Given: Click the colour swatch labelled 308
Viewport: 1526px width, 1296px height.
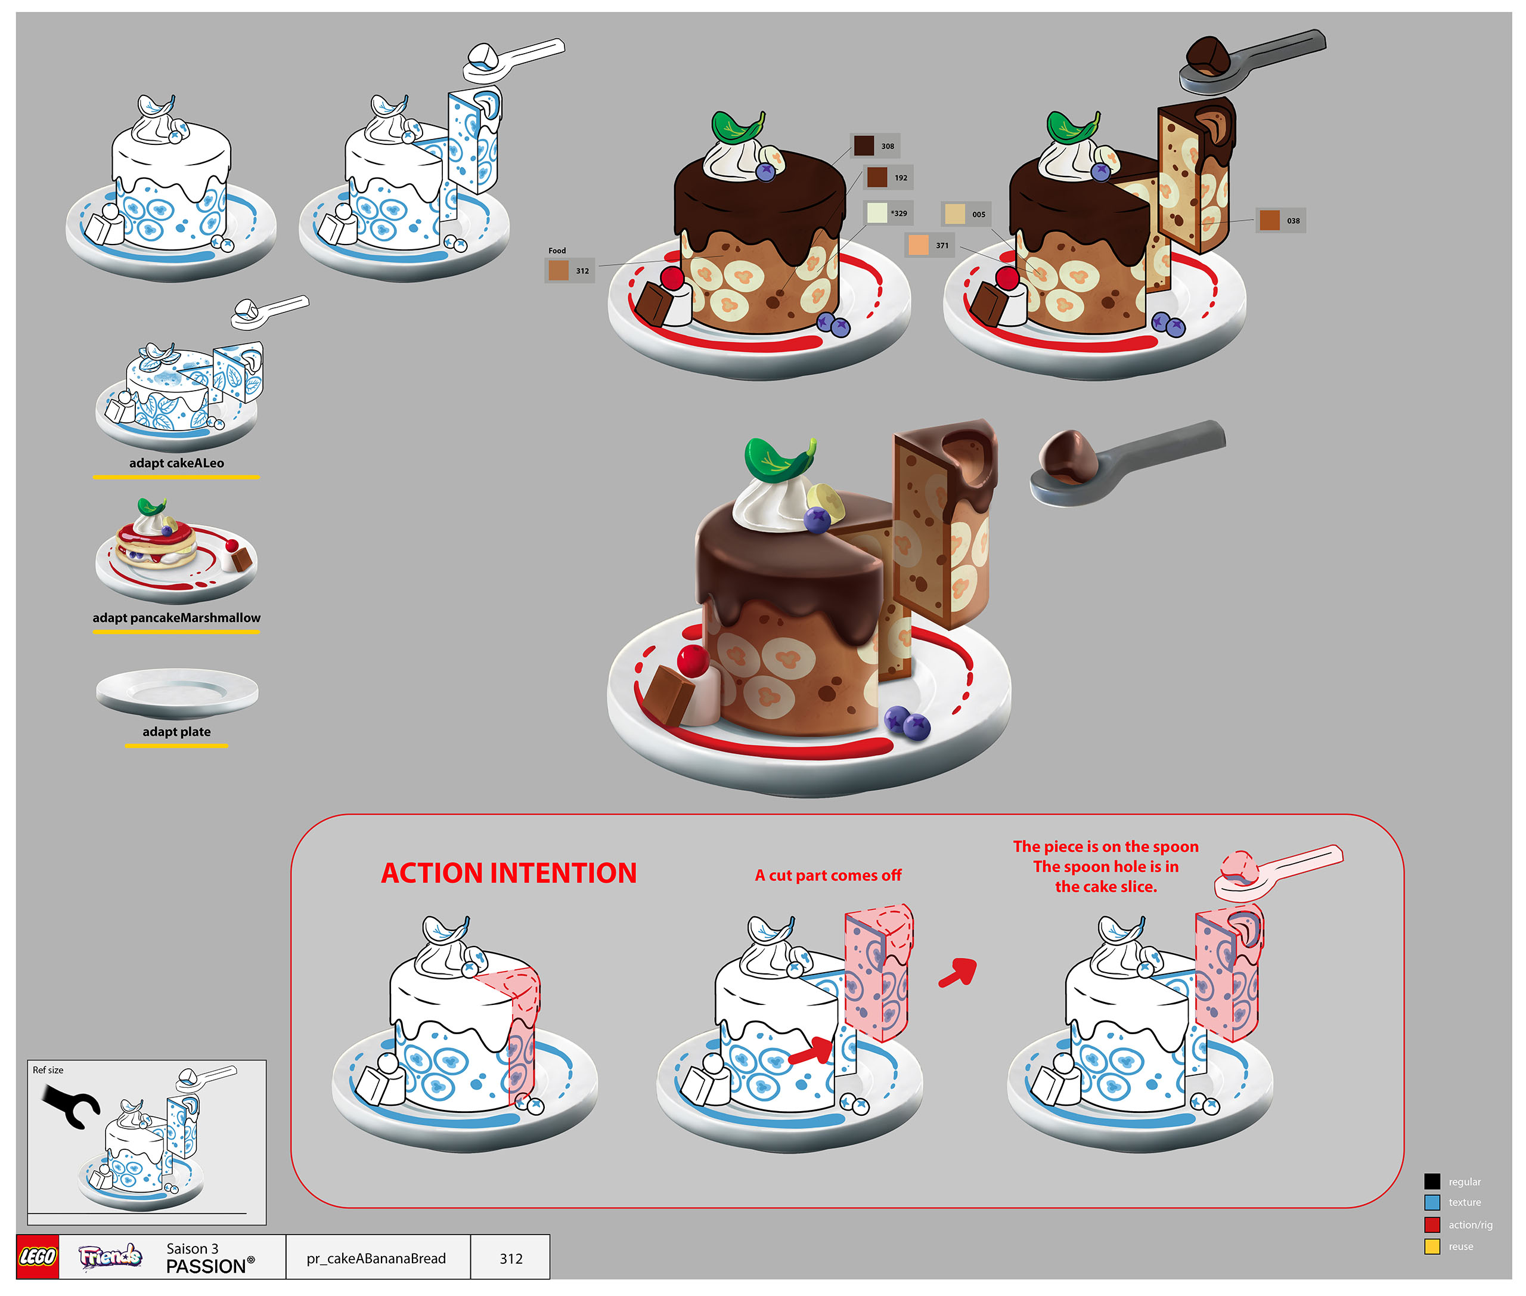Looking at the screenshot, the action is pyautogui.click(x=864, y=146).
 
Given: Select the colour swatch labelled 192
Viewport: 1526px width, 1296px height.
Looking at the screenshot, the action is pyautogui.click(x=877, y=177).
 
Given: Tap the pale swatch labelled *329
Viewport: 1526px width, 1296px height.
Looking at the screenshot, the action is pyautogui.click(x=877, y=212).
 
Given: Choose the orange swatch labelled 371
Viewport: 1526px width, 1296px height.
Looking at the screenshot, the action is pyautogui.click(x=918, y=245).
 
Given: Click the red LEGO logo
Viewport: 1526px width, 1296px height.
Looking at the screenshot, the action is pyautogui.click(x=38, y=1257).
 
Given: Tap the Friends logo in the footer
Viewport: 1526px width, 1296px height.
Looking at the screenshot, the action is pyautogui.click(x=110, y=1257).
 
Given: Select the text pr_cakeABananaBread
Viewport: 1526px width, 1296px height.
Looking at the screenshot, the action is pyautogui.click(x=376, y=1258).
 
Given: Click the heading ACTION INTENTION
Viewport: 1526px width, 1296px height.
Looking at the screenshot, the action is pyautogui.click(x=509, y=873).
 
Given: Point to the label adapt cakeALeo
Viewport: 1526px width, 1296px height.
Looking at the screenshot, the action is pyautogui.click(x=176, y=463).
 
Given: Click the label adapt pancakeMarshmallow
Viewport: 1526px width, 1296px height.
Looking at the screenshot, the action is pyautogui.click(x=176, y=618).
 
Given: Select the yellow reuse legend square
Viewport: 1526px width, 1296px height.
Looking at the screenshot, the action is pyautogui.click(x=1432, y=1246).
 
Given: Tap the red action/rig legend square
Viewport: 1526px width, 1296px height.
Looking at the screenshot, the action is pyautogui.click(x=1432, y=1225).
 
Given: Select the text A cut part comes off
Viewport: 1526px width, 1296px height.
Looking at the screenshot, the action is pyautogui.click(x=829, y=875).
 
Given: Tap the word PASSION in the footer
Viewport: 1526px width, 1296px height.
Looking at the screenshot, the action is pyautogui.click(x=206, y=1267).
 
